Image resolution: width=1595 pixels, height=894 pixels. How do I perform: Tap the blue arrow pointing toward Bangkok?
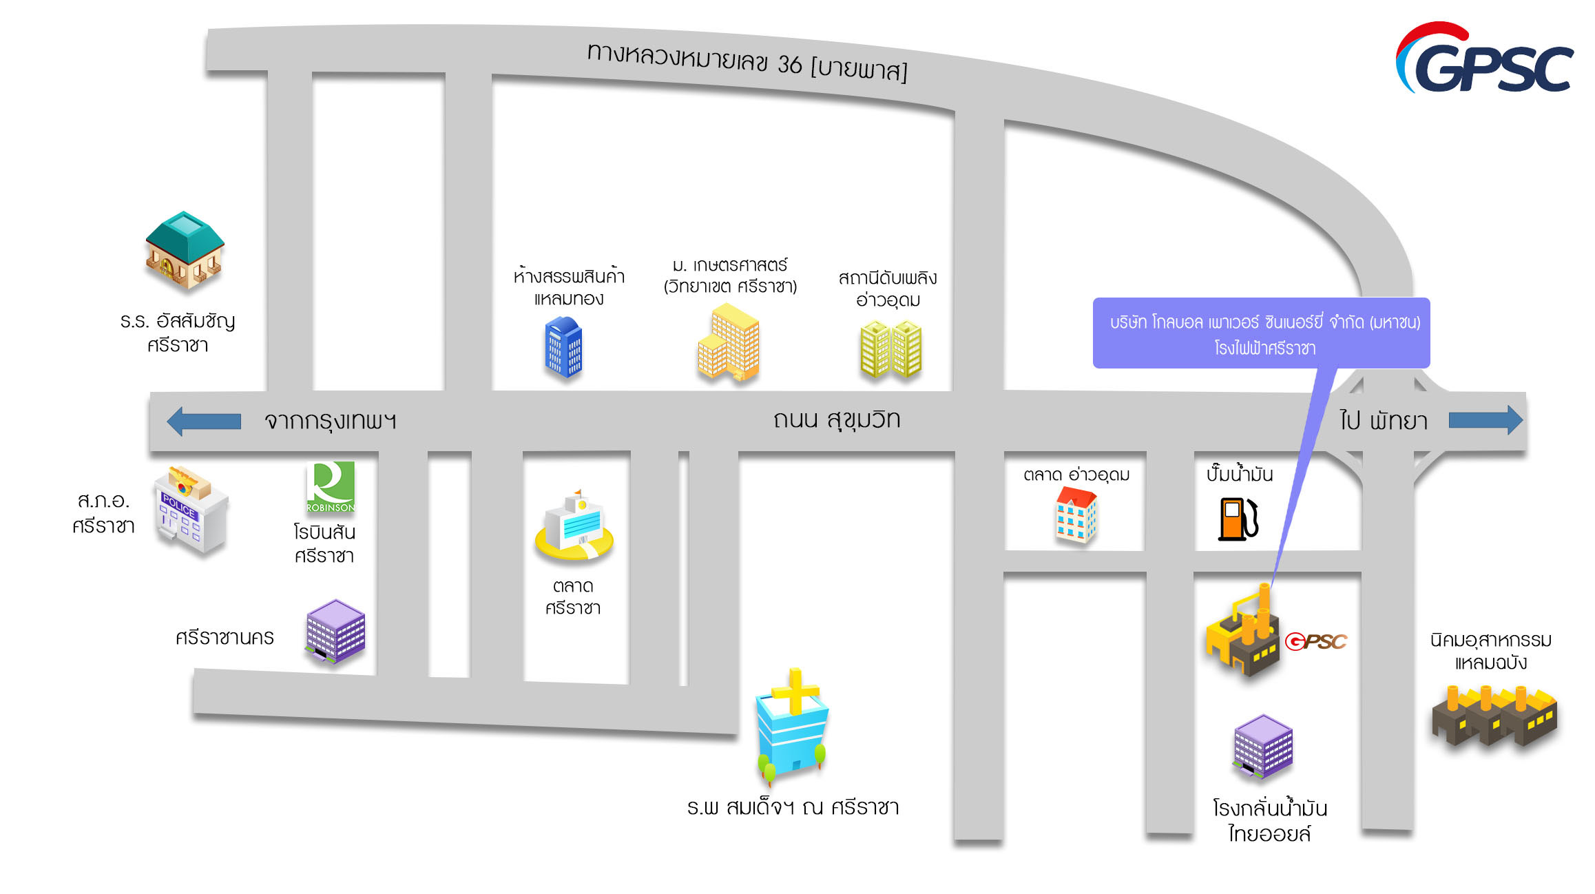pos(204,421)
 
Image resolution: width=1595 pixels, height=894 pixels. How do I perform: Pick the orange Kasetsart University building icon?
pos(729,342)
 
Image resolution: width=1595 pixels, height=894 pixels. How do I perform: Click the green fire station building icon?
pos(890,349)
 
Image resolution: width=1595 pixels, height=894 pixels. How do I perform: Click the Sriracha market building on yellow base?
pos(574,527)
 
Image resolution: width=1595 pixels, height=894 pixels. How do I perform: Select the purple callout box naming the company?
pos(1261,333)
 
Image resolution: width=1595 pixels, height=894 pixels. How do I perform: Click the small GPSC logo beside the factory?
pos(1316,642)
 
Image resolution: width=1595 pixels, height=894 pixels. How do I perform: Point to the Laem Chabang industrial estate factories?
pos(1494,716)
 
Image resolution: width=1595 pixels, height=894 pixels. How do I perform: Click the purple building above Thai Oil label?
pos(1263,746)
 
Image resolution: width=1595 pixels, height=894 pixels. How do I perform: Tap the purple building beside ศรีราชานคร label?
pos(335,631)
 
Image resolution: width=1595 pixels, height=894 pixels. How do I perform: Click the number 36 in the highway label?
pos(789,64)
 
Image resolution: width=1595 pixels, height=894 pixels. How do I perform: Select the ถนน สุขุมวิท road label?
pos(836,419)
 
